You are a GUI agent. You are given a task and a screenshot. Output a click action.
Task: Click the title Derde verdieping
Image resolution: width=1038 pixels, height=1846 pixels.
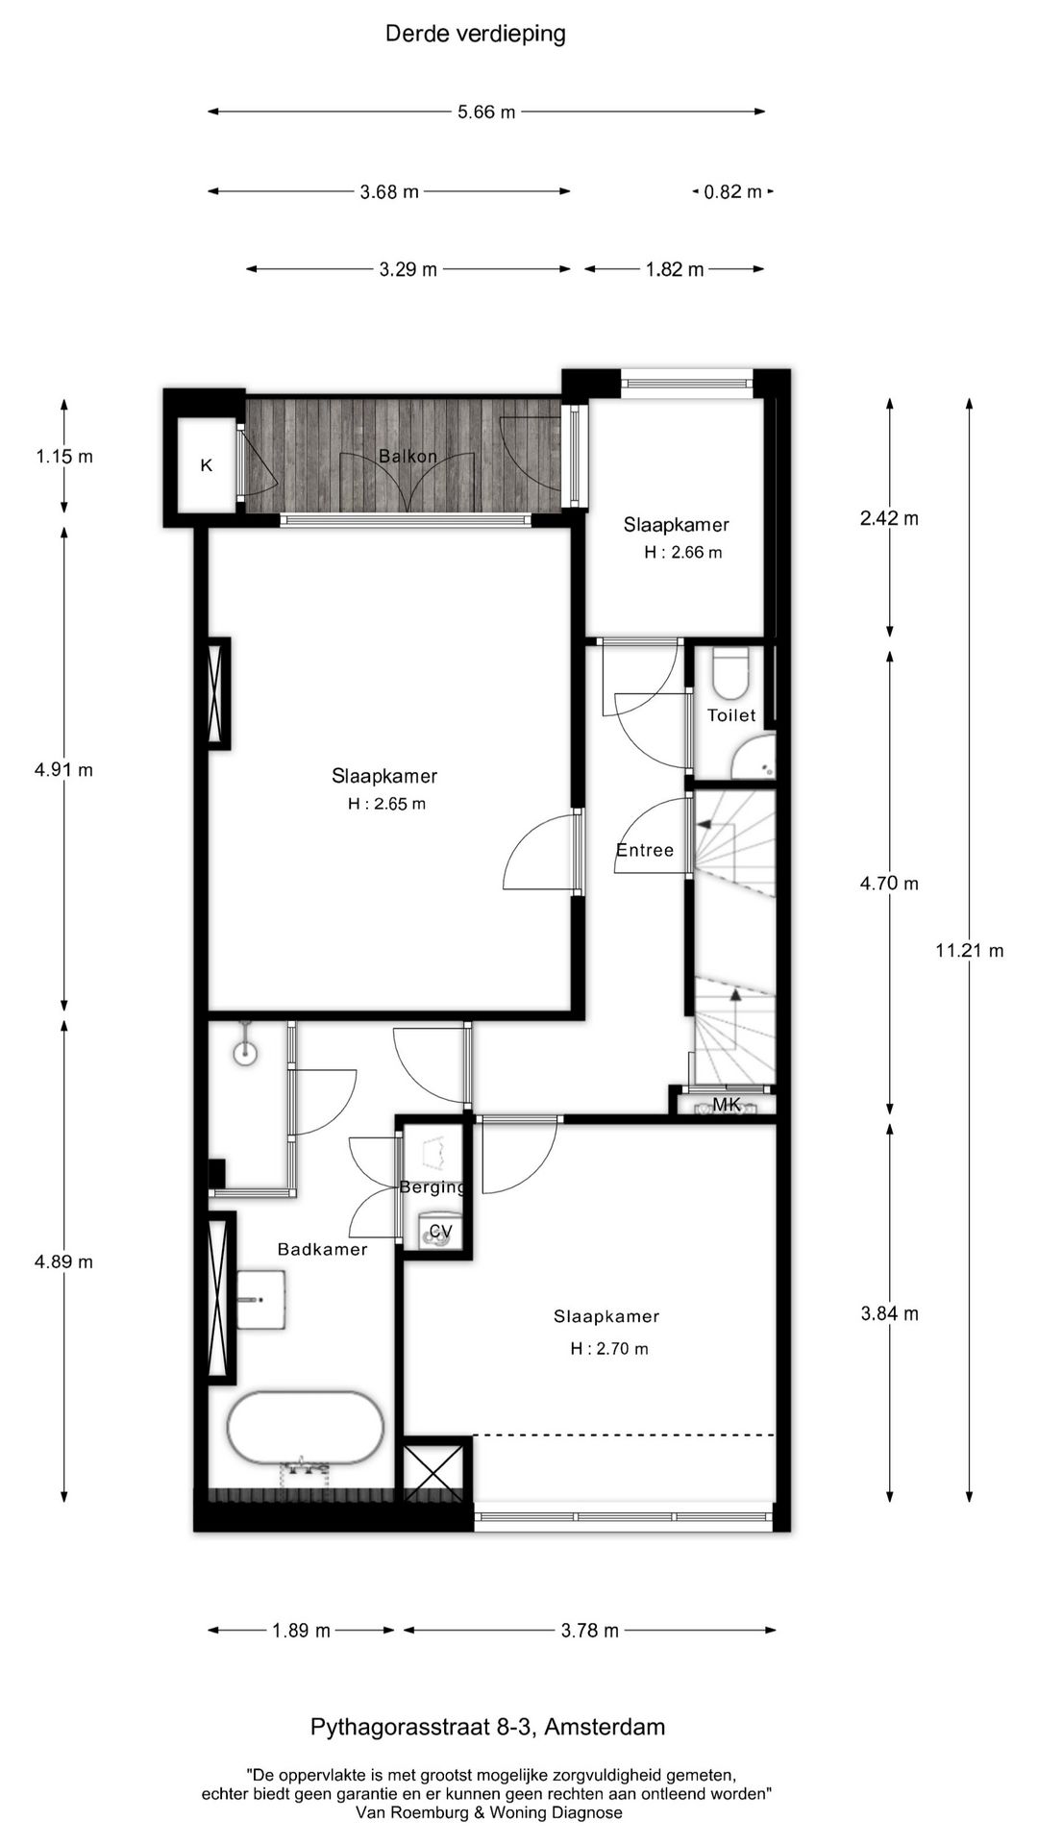point(475,34)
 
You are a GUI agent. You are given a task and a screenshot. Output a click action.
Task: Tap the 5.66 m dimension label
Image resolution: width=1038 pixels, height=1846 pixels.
point(486,112)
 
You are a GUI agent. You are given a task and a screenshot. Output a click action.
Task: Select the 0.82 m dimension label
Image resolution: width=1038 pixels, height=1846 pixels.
point(732,191)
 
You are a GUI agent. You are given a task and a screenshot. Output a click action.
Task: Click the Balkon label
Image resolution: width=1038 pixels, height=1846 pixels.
point(408,456)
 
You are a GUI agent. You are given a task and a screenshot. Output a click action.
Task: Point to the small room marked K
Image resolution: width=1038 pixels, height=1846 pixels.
point(206,465)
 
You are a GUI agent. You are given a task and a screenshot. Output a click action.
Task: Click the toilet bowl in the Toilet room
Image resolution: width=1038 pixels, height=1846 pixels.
point(730,672)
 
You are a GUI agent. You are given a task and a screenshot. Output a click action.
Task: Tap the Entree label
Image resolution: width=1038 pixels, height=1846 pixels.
point(644,850)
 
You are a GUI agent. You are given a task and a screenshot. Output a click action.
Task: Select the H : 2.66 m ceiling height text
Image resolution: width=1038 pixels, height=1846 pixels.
point(682,552)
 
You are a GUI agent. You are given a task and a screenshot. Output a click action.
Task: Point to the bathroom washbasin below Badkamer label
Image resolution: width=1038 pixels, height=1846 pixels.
point(260,1300)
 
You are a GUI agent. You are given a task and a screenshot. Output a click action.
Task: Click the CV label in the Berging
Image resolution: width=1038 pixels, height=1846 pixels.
point(440,1232)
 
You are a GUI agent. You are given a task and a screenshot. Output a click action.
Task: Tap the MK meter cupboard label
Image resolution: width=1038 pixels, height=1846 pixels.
point(727,1105)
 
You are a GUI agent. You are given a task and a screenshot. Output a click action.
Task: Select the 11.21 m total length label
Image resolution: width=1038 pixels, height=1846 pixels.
point(969,951)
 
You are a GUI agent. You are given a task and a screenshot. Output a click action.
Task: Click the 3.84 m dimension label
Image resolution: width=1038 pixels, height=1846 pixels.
point(889,1313)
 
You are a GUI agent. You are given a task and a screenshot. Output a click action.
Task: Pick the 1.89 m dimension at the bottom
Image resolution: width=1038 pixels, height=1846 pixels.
point(301,1630)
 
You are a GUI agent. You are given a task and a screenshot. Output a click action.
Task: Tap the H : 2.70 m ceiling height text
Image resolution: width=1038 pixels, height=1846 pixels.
point(608,1349)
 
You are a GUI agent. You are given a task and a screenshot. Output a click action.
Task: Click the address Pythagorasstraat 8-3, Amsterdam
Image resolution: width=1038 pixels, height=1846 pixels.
point(487,1727)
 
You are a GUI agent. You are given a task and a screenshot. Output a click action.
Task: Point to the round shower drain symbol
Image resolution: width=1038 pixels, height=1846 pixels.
point(246,1053)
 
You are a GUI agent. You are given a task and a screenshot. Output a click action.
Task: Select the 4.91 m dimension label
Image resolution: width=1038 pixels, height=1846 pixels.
point(63,769)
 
